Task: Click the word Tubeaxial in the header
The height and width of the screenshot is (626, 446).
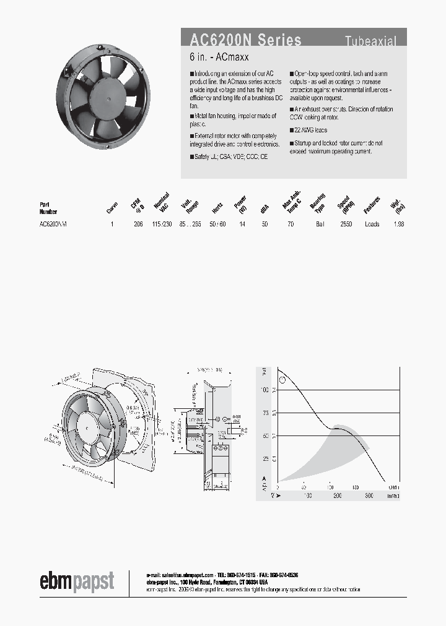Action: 370,41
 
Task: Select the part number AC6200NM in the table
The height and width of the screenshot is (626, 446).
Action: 53,225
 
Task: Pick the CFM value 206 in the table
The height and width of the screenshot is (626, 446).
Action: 139,225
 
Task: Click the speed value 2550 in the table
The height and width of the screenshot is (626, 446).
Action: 346,225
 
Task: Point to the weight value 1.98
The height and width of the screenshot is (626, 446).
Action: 398,225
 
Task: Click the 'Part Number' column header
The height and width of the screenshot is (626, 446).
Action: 48,207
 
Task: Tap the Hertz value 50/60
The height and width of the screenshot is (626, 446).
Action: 217,225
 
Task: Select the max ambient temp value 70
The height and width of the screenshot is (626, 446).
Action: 291,225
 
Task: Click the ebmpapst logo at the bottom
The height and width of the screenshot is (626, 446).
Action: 77,581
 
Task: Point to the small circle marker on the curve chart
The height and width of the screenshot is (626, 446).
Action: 282,381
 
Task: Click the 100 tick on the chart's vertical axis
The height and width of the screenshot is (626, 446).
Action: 265,390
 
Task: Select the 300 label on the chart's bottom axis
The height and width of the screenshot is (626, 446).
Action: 369,496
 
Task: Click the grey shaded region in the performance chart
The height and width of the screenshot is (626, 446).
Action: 334,455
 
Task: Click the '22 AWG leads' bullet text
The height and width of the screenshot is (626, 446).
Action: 310,131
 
